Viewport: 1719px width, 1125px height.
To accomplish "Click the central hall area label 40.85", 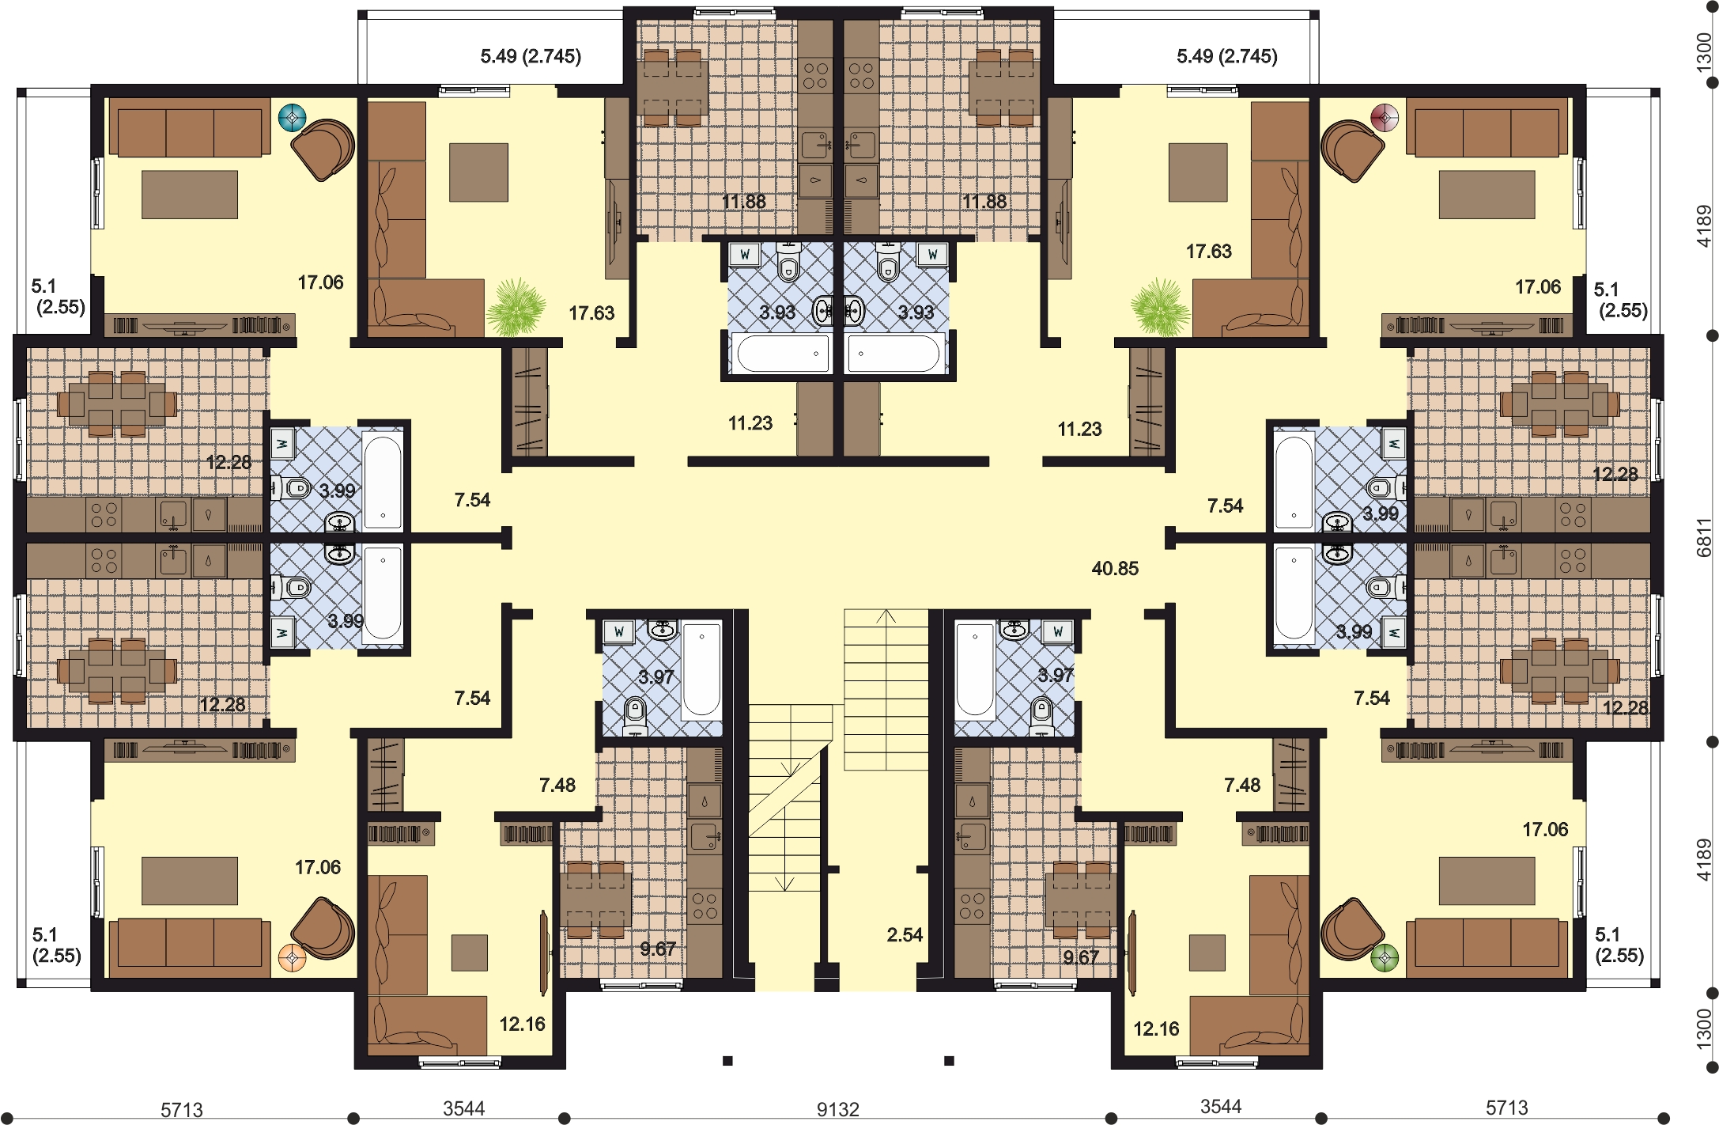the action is click(x=1115, y=568).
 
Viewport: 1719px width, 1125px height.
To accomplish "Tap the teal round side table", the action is click(x=292, y=119).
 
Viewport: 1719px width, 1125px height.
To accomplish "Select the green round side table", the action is click(x=1385, y=957).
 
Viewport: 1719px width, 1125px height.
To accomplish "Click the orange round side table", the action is click(x=292, y=958).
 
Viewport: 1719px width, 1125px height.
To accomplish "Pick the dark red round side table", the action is click(x=1385, y=119).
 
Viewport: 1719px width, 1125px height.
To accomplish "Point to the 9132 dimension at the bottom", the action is click(x=837, y=1109).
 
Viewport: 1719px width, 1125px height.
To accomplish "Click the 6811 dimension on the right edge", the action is click(x=1705, y=538).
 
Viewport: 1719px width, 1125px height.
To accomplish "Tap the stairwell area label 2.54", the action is click(x=905, y=935).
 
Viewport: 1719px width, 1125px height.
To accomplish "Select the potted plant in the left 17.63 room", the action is click(x=516, y=306).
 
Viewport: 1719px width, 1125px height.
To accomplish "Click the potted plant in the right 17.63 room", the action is click(x=1160, y=306).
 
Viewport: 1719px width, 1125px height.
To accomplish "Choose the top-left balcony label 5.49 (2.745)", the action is click(x=531, y=56).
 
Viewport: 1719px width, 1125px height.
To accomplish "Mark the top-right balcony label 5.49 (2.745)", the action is click(x=1226, y=56).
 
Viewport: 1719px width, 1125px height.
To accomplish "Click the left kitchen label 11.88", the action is click(x=743, y=202).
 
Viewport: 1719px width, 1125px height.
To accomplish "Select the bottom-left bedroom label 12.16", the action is click(x=522, y=1024).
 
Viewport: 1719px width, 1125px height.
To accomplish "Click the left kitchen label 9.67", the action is click(x=658, y=949).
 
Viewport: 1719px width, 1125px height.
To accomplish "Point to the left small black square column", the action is click(x=727, y=1061).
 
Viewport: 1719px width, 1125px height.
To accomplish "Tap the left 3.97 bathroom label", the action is click(x=656, y=677).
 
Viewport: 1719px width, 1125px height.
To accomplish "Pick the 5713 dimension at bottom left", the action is click(x=182, y=1110).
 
